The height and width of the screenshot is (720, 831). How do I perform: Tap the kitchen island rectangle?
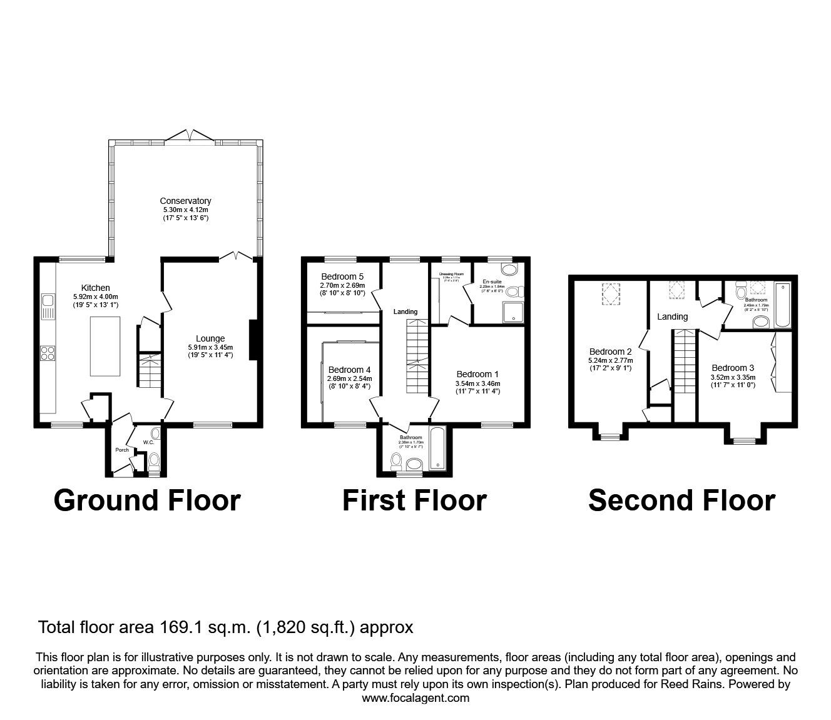(105, 346)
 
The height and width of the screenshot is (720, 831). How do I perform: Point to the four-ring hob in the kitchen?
(48, 353)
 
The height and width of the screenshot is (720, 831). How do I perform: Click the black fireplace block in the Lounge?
(252, 340)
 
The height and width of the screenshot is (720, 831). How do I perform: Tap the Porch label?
(121, 450)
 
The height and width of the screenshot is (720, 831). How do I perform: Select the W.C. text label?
(148, 442)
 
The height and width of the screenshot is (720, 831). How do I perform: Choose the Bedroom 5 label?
(342, 276)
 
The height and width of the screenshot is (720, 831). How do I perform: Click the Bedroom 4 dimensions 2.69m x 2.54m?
(349, 378)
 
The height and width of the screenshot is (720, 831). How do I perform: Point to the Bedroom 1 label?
(477, 374)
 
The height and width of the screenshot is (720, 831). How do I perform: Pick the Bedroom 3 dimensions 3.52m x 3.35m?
(733, 377)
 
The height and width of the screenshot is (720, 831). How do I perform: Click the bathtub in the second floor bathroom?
(782, 306)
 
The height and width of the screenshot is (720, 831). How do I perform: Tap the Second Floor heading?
(681, 500)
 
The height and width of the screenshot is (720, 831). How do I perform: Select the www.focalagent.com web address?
(415, 697)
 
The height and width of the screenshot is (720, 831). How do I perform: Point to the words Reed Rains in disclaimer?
(686, 684)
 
